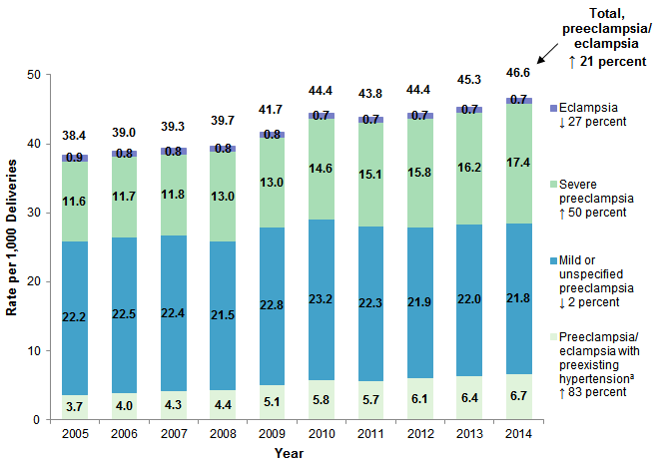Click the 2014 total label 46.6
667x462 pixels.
pyautogui.click(x=518, y=73)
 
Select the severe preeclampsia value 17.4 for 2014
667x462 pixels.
pyautogui.click(x=518, y=162)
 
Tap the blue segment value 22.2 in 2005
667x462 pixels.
pyautogui.click(x=74, y=316)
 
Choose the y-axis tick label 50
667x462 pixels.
pyautogui.click(x=36, y=75)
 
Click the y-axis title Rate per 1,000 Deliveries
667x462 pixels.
pyautogui.click(x=13, y=245)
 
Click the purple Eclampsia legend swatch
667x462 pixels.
pyautogui.click(x=555, y=106)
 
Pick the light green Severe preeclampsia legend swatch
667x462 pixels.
pyautogui.click(x=555, y=183)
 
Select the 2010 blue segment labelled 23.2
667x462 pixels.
pyautogui.click(x=321, y=311)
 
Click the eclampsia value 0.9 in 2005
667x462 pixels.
pyautogui.click(x=74, y=157)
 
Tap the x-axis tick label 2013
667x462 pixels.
pyautogui.click(x=468, y=435)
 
